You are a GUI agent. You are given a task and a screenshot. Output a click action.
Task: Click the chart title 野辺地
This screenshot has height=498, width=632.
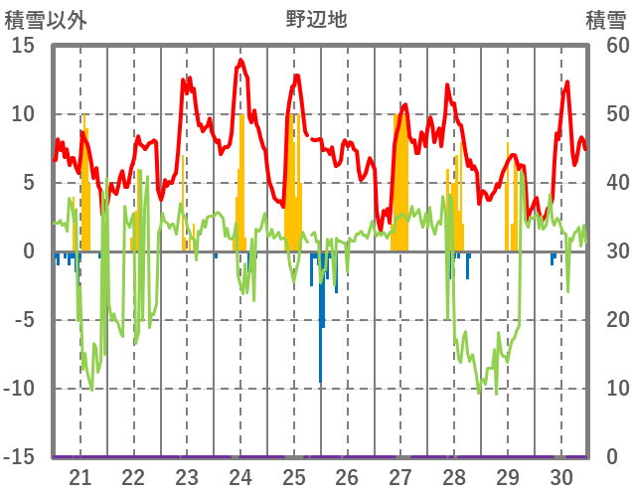coord(316,19)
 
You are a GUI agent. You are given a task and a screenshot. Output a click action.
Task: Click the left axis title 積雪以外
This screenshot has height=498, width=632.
coord(46,19)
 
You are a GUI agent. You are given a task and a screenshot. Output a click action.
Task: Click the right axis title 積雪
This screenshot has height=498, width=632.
coord(605,19)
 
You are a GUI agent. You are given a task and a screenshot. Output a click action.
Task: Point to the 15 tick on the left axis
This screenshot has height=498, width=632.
coord(23,46)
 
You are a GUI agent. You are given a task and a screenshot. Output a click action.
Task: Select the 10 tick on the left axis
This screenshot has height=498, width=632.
coord(23,114)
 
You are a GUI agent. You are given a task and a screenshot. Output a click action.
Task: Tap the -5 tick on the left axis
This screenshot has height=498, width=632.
coord(23,320)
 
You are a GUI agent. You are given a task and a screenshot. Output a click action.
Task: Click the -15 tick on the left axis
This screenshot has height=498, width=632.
coord(20,457)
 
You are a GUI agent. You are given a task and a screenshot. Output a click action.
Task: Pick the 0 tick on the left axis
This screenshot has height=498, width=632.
coord(30,251)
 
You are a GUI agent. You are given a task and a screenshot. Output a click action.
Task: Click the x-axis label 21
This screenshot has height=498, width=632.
coord(80,477)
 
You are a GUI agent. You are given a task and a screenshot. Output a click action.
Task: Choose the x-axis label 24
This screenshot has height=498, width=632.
coord(240,477)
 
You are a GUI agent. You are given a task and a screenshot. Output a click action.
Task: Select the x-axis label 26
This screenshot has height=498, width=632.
coord(347,477)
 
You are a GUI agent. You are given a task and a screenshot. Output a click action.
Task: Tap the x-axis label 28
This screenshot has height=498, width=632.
coord(454,477)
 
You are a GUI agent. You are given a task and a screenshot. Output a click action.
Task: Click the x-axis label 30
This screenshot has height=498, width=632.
coord(560,477)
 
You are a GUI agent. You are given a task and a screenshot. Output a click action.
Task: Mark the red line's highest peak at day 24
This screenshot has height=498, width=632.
coord(240,61)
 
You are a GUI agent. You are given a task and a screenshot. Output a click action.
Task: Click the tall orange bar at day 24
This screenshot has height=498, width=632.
coord(241,179)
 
